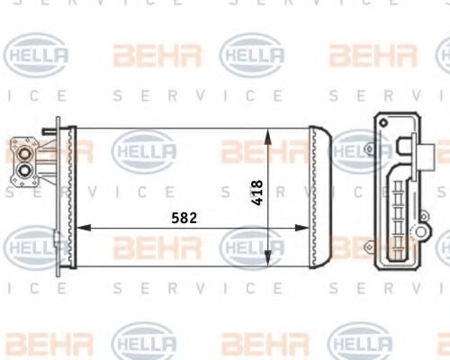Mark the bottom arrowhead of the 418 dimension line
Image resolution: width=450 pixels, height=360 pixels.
click(268, 262)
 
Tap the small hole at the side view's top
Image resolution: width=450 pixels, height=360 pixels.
click(384, 123)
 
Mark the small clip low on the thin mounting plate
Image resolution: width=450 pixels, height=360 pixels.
click(55, 240)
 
